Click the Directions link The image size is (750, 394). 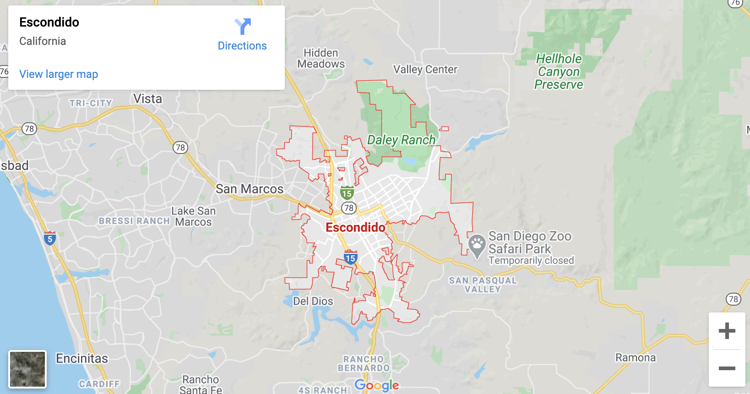[242, 45]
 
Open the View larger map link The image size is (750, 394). [59, 74]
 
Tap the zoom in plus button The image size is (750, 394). [727, 331]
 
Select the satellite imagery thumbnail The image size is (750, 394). [27, 369]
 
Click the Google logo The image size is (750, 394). [377, 385]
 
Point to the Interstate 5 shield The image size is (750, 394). [50, 238]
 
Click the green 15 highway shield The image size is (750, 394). [347, 193]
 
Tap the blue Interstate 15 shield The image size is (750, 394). [351, 257]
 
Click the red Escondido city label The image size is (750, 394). [355, 227]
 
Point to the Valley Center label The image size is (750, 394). [425, 70]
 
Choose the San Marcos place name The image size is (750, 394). [250, 189]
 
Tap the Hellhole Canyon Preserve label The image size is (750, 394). [559, 72]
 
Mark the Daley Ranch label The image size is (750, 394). [401, 140]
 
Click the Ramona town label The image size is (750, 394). [636, 358]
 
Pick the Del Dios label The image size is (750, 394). [313, 301]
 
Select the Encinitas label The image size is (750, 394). [82, 358]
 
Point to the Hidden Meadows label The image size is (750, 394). [321, 59]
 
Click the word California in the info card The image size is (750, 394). [43, 41]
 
